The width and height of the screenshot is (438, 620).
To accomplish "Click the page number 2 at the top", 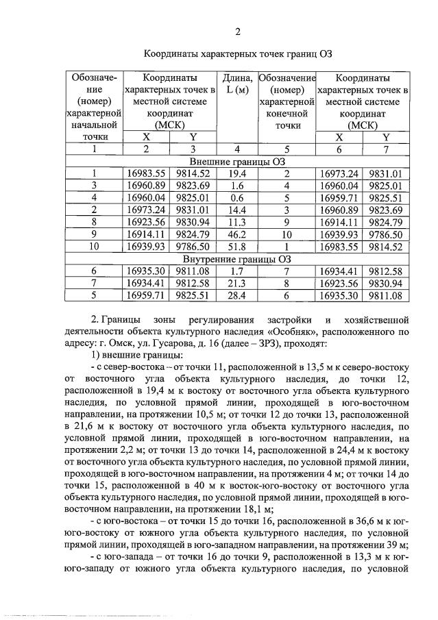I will [237, 32].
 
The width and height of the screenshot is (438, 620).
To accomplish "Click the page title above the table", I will [237, 53].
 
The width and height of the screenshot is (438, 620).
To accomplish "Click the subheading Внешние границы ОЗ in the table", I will [237, 162].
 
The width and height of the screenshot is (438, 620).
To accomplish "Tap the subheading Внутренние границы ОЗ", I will [237, 260].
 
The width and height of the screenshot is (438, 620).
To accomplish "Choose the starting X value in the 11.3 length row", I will [145, 223].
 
